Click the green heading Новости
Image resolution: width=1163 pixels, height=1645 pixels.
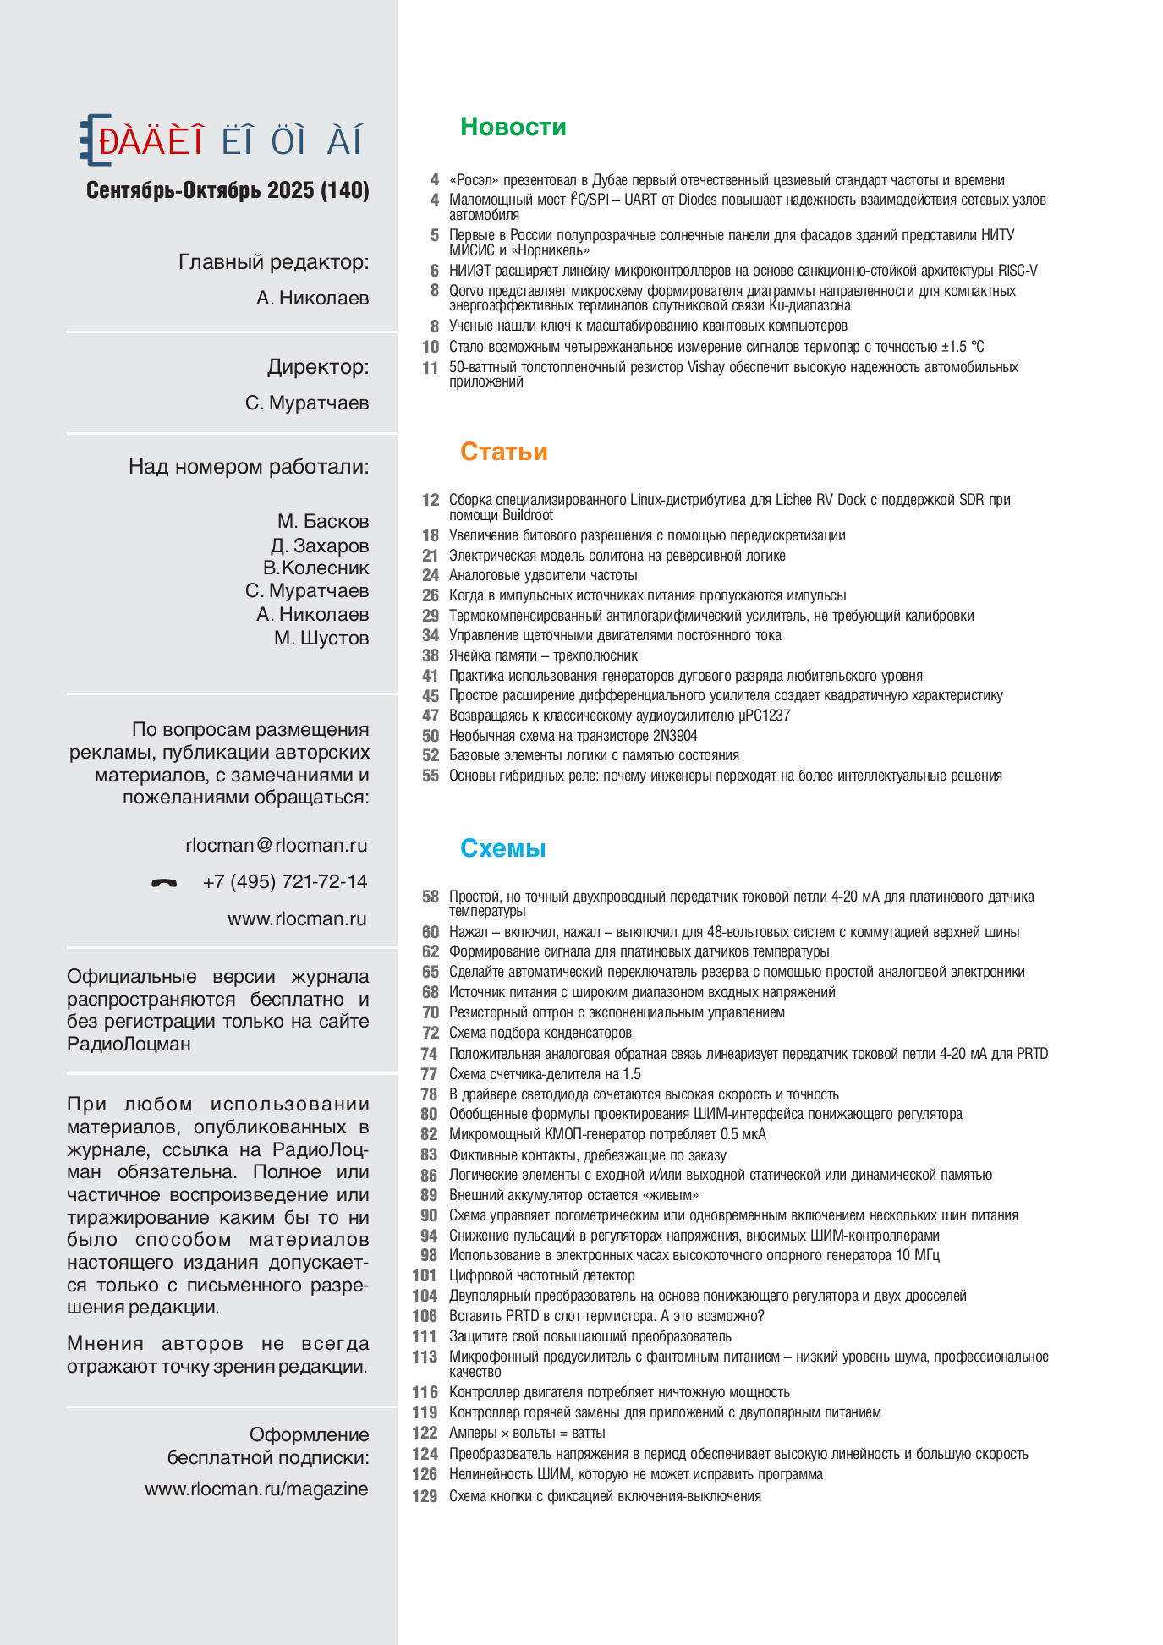[513, 127]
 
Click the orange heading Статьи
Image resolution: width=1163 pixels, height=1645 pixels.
[503, 452]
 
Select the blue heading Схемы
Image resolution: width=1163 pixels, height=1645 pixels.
[502, 848]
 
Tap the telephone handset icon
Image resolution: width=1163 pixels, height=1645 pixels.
[164, 883]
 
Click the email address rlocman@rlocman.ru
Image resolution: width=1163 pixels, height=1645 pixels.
[276, 845]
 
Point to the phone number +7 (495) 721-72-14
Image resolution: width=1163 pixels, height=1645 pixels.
[285, 882]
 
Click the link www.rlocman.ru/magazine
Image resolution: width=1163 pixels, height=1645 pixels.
[256, 1489]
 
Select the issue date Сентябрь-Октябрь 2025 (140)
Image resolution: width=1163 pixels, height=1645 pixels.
[228, 190]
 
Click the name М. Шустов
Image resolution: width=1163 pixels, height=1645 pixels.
[321, 638]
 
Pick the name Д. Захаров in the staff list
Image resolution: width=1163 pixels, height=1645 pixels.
[320, 546]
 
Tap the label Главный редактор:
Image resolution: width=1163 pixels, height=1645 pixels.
[273, 262]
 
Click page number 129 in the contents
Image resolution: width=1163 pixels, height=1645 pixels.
[425, 1496]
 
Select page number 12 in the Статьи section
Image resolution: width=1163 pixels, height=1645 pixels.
[431, 500]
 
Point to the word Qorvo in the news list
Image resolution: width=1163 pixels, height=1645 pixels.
[466, 291]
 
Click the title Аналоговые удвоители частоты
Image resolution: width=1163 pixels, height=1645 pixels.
[543, 575]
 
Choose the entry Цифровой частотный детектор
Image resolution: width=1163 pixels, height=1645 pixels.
[541, 1275]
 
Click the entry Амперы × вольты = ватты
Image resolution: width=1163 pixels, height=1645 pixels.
[527, 1433]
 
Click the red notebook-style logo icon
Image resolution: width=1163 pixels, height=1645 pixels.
[96, 140]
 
